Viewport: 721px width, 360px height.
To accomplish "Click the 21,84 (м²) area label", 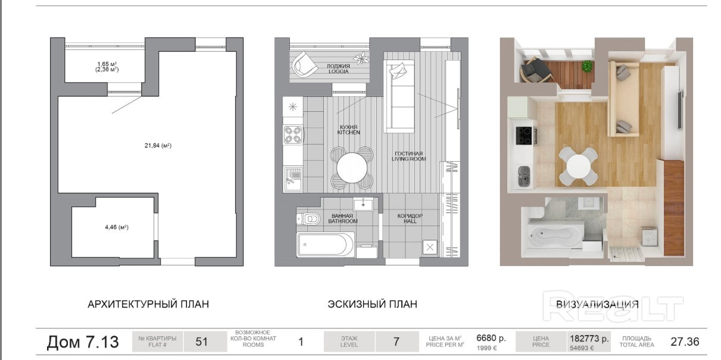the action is click(158, 146).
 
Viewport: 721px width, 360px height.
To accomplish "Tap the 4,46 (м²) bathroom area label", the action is click(117, 227).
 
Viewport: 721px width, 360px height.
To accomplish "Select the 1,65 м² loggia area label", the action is click(107, 64).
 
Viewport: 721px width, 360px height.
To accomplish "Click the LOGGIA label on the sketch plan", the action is click(338, 71).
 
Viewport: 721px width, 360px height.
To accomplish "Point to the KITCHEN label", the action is click(348, 133).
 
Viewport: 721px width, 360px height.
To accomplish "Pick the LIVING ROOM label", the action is click(408, 159).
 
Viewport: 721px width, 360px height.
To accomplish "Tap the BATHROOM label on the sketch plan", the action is click(343, 221).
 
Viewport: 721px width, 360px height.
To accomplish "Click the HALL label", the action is click(410, 221).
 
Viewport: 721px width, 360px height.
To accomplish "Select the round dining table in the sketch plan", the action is click(352, 168).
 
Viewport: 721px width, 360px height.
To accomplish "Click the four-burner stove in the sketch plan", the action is click(293, 135).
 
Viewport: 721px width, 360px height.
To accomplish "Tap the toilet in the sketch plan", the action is click(308, 219).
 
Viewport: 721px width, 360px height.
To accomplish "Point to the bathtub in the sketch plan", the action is click(326, 245).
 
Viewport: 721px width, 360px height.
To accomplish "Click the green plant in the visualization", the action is click(588, 66).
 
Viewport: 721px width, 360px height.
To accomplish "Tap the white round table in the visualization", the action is click(579, 167).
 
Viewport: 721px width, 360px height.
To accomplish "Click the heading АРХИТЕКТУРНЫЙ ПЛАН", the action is click(148, 304).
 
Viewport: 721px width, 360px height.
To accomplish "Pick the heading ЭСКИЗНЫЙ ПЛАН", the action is click(373, 304).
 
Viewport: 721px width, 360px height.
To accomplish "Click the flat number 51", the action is click(202, 342).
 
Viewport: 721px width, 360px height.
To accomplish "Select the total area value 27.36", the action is click(685, 342).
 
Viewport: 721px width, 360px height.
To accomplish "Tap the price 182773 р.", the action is click(589, 339).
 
